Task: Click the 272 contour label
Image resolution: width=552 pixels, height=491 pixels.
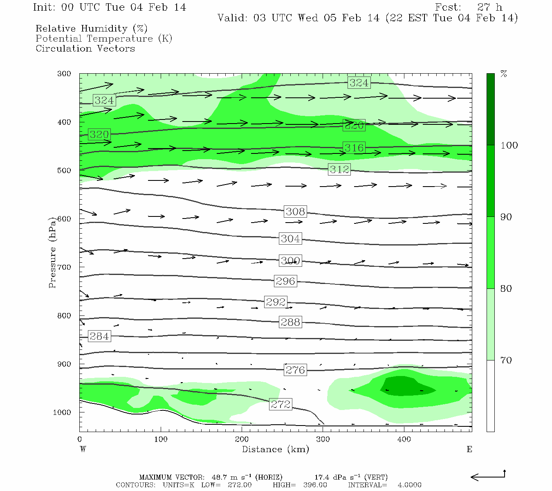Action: (x=280, y=404)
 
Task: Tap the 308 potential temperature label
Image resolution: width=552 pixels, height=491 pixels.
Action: (x=295, y=212)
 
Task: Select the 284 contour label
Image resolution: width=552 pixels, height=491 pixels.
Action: (x=99, y=336)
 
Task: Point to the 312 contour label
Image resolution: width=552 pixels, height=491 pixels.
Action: (x=339, y=169)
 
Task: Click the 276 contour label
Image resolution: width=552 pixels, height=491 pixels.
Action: (x=295, y=370)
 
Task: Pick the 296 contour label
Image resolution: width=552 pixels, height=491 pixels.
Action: (x=285, y=281)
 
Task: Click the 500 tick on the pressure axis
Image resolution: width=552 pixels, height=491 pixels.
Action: (x=64, y=171)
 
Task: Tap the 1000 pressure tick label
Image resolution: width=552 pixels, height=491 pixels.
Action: (x=62, y=412)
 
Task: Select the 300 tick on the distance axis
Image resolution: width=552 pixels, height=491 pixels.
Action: (x=323, y=439)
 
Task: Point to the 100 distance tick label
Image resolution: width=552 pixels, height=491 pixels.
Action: (x=161, y=439)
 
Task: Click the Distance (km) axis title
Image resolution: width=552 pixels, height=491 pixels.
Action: (x=275, y=449)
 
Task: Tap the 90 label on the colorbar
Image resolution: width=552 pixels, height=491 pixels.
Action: (x=506, y=217)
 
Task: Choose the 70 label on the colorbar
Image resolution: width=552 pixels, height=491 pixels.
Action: (x=506, y=360)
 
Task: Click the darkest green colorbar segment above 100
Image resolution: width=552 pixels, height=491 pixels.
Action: (x=490, y=109)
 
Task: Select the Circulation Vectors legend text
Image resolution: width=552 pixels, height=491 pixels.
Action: (x=85, y=48)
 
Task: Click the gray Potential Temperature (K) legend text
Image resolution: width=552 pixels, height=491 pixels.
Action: (x=104, y=38)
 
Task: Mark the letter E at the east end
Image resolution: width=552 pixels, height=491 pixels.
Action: (x=469, y=449)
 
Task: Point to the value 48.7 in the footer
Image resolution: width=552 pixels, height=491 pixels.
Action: (x=219, y=477)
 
